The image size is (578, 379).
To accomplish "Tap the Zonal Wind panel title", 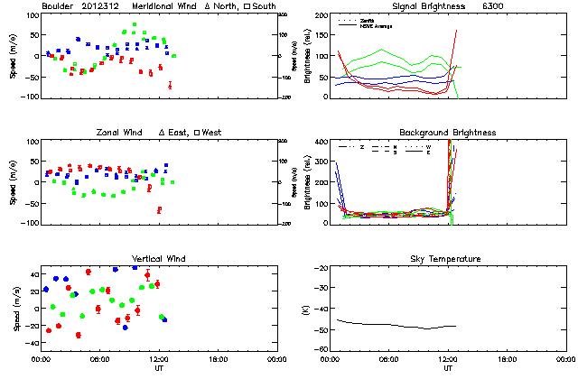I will [126, 133].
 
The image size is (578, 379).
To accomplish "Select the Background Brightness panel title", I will [447, 133].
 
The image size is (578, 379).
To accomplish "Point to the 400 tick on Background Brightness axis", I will [324, 143].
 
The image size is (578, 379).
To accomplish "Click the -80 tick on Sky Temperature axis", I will [324, 349].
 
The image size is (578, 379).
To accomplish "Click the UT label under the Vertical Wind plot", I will [159, 367].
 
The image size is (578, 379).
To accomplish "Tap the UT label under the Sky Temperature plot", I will [448, 367].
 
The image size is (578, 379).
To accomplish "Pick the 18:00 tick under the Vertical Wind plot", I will [218, 358].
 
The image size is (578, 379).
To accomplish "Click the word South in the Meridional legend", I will [264, 7].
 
